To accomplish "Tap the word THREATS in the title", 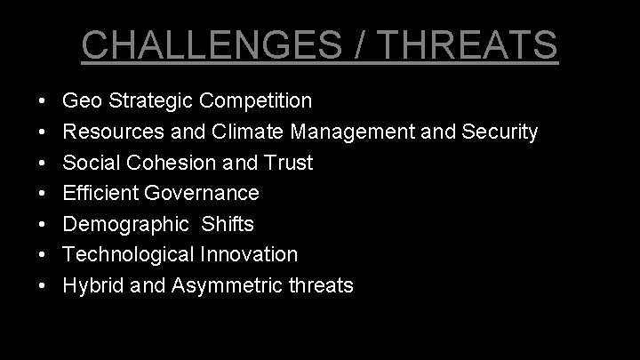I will (x=465, y=44).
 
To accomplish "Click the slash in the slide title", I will (x=361, y=44).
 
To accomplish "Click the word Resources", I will (x=114, y=132).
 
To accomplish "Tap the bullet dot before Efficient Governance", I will (x=44, y=194).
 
